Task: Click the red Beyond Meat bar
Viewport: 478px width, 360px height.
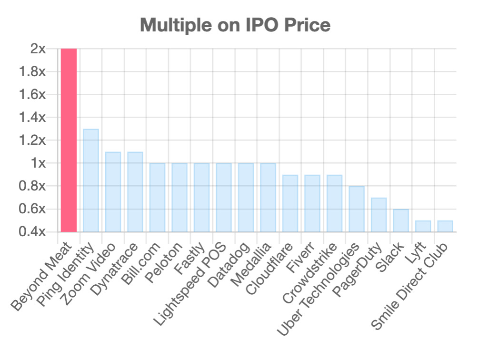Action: (69, 140)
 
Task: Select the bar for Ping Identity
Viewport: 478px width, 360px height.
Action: (91, 180)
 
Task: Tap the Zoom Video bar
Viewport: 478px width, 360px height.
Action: (113, 192)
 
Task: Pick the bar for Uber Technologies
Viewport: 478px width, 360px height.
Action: (357, 209)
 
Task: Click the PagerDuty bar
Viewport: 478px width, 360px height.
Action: (378, 215)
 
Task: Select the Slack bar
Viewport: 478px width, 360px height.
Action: (401, 220)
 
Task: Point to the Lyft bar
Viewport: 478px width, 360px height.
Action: (423, 226)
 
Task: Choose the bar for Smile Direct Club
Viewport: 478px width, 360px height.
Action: (445, 226)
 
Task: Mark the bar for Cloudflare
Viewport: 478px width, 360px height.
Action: (290, 203)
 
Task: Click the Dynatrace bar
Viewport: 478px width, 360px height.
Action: (135, 192)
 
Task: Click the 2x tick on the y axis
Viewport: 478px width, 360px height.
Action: (38, 49)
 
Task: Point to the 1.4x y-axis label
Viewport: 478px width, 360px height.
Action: (33, 118)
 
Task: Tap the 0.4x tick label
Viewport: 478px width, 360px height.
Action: (33, 232)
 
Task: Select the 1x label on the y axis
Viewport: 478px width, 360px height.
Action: (38, 163)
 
